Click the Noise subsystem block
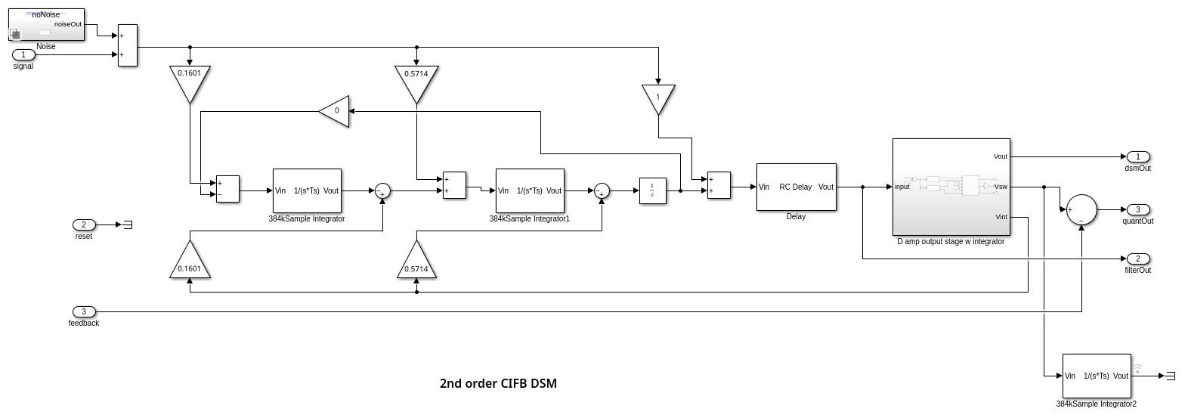pyautogui.click(x=46, y=24)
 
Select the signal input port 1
pyautogui.click(x=23, y=54)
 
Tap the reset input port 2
pyautogui.click(x=84, y=224)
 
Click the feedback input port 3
pyautogui.click(x=84, y=311)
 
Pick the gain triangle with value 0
pyautogui.click(x=336, y=111)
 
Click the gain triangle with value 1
pyautogui.click(x=658, y=98)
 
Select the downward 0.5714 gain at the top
pyautogui.click(x=416, y=81)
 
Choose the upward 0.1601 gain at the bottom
pyautogui.click(x=189, y=262)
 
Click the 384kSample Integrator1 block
pyautogui.click(x=530, y=190)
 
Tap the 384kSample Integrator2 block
pyautogui.click(x=1097, y=376)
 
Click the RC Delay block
pyautogui.click(x=796, y=187)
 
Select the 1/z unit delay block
pyautogui.click(x=651, y=190)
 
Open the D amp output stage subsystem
pyautogui.click(x=951, y=187)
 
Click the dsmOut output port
pyautogui.click(x=1137, y=156)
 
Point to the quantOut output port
pyautogui.click(x=1137, y=209)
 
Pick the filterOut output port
pyautogui.click(x=1137, y=259)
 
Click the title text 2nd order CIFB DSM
pyautogui.click(x=498, y=383)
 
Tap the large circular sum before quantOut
pyautogui.click(x=1081, y=209)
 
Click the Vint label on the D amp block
pyautogui.click(x=1001, y=217)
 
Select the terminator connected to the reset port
pyautogui.click(x=128, y=224)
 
